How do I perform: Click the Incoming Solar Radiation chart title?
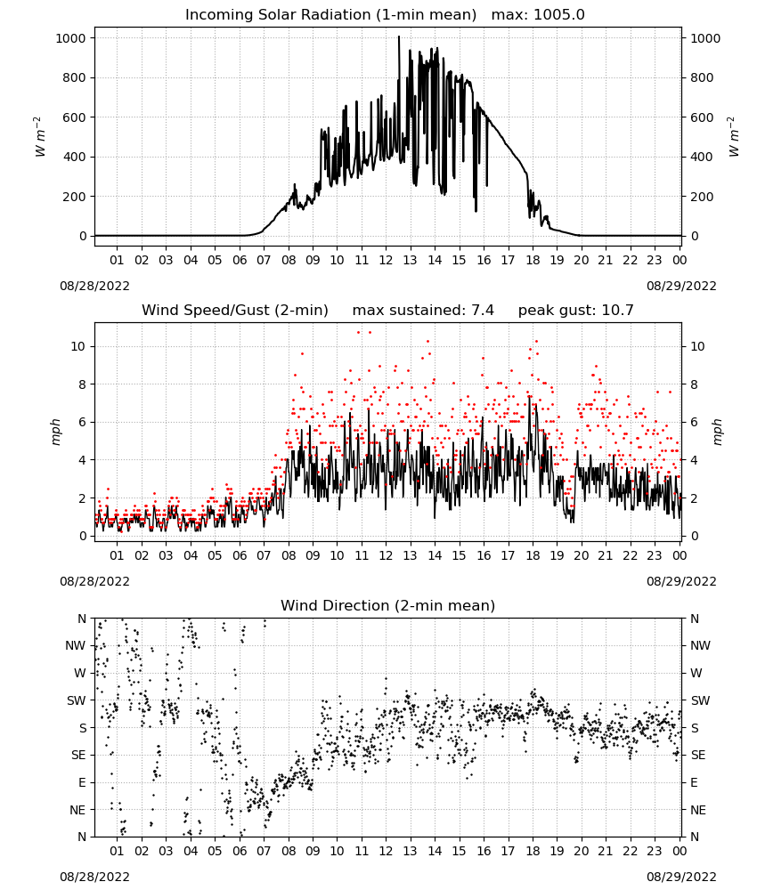click(330, 14)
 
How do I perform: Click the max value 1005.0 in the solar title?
click(558, 14)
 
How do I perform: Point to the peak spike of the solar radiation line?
click(399, 37)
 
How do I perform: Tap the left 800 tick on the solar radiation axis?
click(75, 77)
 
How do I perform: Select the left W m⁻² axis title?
click(39, 137)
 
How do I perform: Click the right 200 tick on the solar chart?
click(702, 197)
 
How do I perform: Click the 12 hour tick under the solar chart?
click(387, 260)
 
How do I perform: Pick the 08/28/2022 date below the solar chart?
click(94, 286)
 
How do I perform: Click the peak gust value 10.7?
click(617, 310)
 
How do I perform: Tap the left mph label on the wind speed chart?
click(55, 432)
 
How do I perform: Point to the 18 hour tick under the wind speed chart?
click(533, 555)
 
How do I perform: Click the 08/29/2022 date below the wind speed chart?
click(681, 581)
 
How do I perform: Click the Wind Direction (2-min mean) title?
click(388, 605)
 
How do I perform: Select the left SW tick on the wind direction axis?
click(77, 700)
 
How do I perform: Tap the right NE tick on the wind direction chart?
click(698, 810)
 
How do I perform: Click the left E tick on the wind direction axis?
click(82, 782)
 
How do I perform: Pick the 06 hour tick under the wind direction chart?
click(240, 850)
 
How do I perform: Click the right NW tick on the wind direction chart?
click(700, 646)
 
